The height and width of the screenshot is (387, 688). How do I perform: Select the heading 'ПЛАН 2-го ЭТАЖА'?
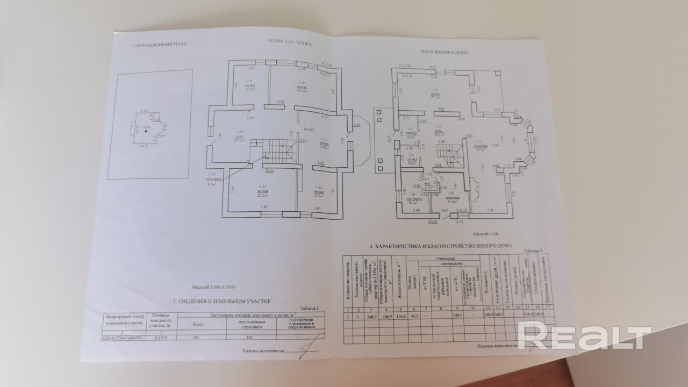point(290,41)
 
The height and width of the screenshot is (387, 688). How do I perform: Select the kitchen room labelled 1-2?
point(436,92)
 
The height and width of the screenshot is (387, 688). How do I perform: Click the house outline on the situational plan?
point(145,130)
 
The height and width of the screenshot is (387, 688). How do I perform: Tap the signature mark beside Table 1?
point(307,350)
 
